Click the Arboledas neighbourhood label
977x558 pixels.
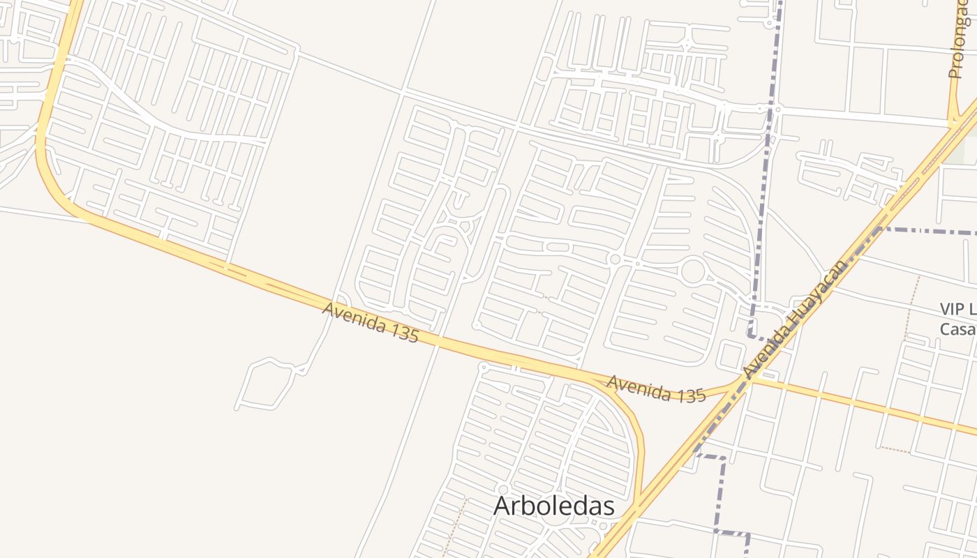click(x=553, y=506)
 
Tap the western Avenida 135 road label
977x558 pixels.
click(x=371, y=322)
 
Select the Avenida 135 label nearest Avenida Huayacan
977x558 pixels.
click(x=656, y=389)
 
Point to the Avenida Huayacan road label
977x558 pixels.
click(x=795, y=319)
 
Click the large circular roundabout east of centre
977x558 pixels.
click(x=693, y=271)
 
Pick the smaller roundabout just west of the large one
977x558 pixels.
click(x=615, y=259)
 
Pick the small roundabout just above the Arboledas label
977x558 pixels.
click(x=503, y=490)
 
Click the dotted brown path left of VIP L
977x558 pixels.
click(x=911, y=307)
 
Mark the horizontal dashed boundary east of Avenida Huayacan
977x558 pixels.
click(x=928, y=230)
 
